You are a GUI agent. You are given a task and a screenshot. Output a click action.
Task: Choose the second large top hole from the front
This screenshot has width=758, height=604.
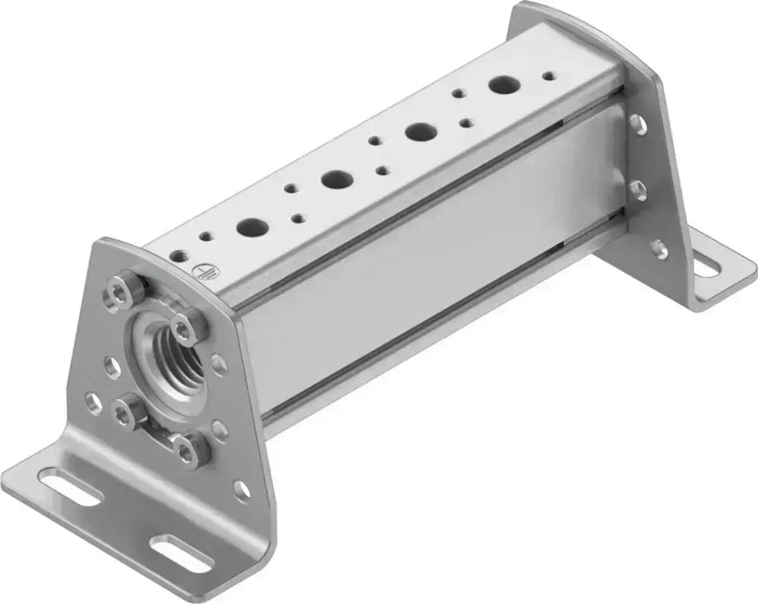coord(333,180)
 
